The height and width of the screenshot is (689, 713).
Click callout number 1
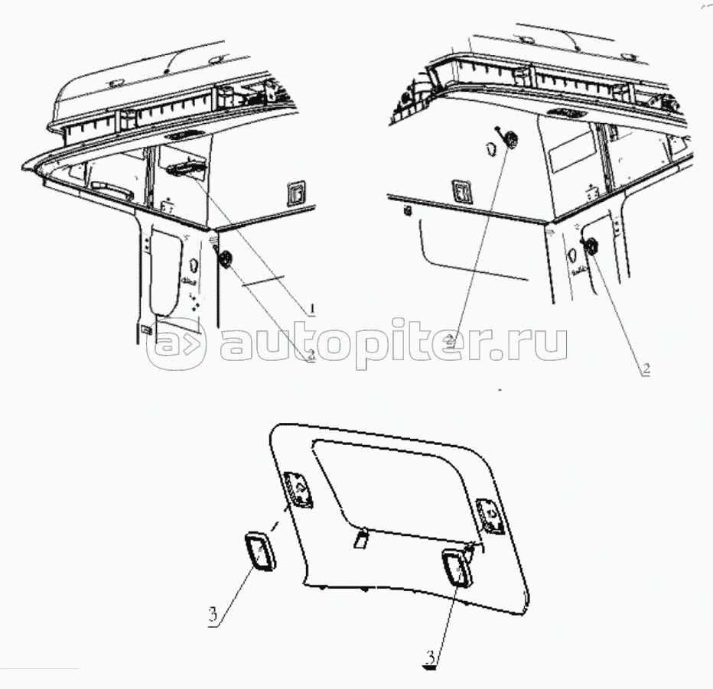[312, 310]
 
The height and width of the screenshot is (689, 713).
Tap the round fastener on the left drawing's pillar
[226, 260]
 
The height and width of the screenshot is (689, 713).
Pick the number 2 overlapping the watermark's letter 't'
[451, 340]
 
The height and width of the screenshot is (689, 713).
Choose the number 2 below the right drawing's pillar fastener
[646, 369]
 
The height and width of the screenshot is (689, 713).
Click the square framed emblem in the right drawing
[462, 191]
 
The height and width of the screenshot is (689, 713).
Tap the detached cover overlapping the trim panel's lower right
[457, 568]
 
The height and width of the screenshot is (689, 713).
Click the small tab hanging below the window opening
[361, 538]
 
